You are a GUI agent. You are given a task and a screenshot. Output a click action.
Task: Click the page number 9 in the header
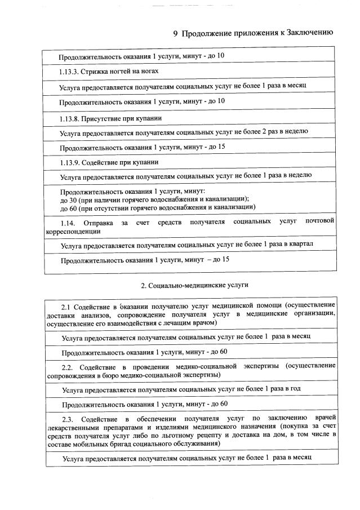[175, 33]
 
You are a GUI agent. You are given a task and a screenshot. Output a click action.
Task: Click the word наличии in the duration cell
[98, 199]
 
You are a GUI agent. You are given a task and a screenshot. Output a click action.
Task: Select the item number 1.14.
[68, 222]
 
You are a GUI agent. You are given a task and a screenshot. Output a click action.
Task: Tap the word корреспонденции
[73, 230]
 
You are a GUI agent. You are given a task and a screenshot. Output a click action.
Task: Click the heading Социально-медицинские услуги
[194, 285]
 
